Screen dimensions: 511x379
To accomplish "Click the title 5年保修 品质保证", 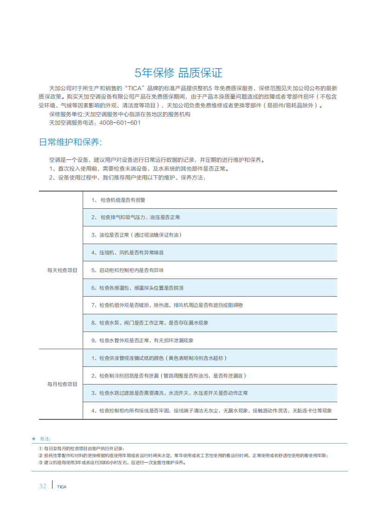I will point(178,73).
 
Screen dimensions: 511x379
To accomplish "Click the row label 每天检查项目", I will point(62,270).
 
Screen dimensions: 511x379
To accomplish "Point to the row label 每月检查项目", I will point(62,384).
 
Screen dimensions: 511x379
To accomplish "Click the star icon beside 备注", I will point(33,438).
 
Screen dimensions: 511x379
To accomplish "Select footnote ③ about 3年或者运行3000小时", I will point(112,463).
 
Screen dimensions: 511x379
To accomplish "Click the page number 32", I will point(42,486).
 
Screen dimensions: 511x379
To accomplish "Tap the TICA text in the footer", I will point(62,487).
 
